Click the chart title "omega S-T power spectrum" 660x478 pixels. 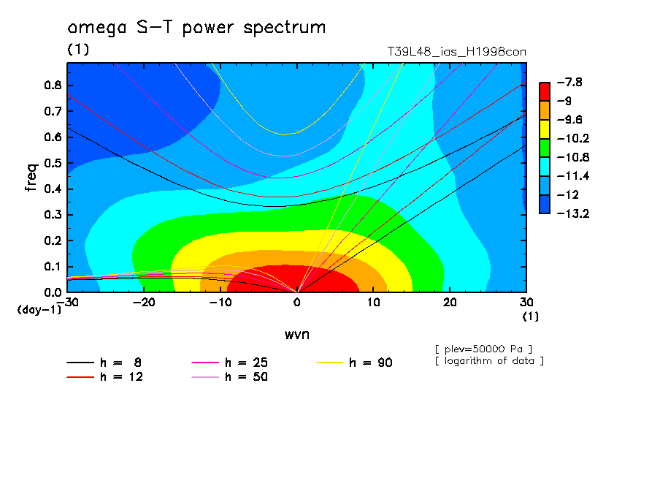(196, 29)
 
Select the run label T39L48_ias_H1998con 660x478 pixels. (456, 52)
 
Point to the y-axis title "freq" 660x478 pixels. (31, 177)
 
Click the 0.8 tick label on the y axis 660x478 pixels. (53, 85)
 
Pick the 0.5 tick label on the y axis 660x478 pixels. (53, 163)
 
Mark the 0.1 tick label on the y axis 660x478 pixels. (53, 267)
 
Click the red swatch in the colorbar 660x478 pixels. (545, 91)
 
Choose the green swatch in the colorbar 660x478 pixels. (545, 148)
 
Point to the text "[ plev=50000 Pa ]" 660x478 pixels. (483, 348)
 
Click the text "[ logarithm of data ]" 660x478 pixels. (489, 360)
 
